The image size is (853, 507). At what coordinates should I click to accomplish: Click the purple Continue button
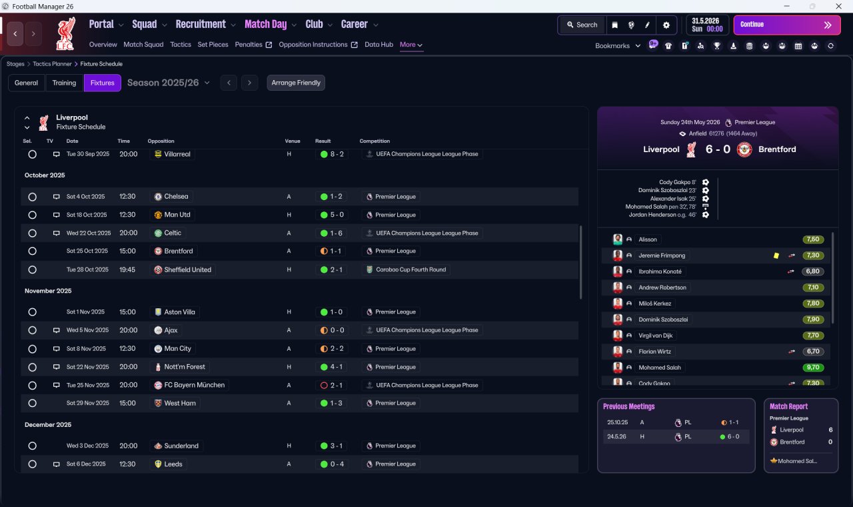click(x=787, y=25)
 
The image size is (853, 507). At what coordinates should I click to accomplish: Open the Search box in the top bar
click(x=582, y=25)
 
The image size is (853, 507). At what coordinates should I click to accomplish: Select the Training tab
click(x=64, y=83)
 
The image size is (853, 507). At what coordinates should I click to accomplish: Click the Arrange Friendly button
click(x=296, y=83)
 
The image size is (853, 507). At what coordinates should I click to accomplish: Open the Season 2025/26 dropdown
click(x=169, y=83)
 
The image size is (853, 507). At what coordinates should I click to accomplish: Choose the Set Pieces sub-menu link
click(x=213, y=45)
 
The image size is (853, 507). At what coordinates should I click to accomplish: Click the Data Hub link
click(x=379, y=45)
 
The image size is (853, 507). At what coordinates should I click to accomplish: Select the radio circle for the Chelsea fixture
click(x=33, y=197)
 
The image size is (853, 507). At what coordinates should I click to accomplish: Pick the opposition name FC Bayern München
click(x=194, y=385)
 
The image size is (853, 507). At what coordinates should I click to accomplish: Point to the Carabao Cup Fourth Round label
click(x=411, y=270)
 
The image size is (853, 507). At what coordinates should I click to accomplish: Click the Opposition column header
click(x=161, y=141)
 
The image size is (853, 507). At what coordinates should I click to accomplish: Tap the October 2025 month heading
click(x=45, y=175)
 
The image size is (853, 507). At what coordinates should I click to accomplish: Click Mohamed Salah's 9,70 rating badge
click(x=813, y=368)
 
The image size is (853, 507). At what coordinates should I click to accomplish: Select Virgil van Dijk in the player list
click(x=655, y=336)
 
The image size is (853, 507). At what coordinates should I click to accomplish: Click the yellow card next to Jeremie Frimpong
click(x=776, y=256)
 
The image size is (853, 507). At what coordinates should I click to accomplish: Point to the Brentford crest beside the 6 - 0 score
click(x=744, y=149)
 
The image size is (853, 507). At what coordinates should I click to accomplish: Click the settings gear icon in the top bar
click(x=666, y=25)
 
